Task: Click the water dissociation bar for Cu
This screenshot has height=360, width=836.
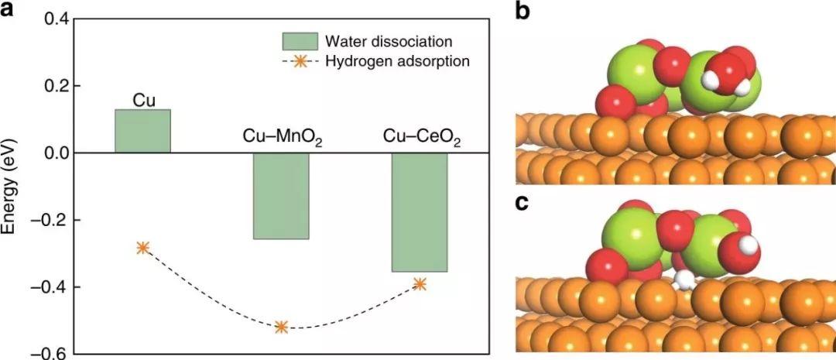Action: click(x=142, y=131)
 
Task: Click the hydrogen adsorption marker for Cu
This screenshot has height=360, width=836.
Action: click(x=143, y=248)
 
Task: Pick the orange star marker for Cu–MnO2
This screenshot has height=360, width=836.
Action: click(x=281, y=327)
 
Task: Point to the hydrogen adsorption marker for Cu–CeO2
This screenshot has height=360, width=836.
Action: click(x=420, y=283)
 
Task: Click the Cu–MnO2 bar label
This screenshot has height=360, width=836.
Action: click(x=281, y=139)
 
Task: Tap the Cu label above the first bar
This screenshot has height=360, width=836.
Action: click(x=142, y=99)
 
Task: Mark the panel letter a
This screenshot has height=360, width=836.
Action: click(x=11, y=14)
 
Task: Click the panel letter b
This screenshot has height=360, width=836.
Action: click(x=522, y=13)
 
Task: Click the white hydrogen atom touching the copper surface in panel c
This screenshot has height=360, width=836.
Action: click(x=683, y=279)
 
